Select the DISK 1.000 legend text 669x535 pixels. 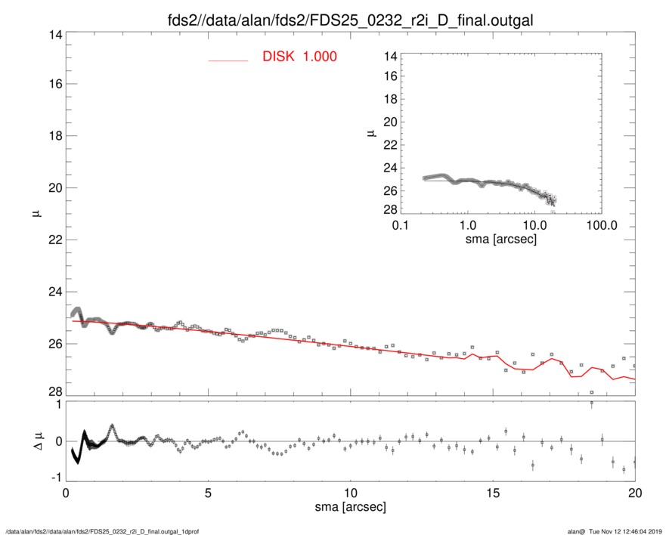click(x=299, y=57)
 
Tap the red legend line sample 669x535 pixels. click(x=228, y=60)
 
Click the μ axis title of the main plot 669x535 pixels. click(x=36, y=215)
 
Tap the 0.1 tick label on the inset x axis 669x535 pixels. click(x=401, y=226)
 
